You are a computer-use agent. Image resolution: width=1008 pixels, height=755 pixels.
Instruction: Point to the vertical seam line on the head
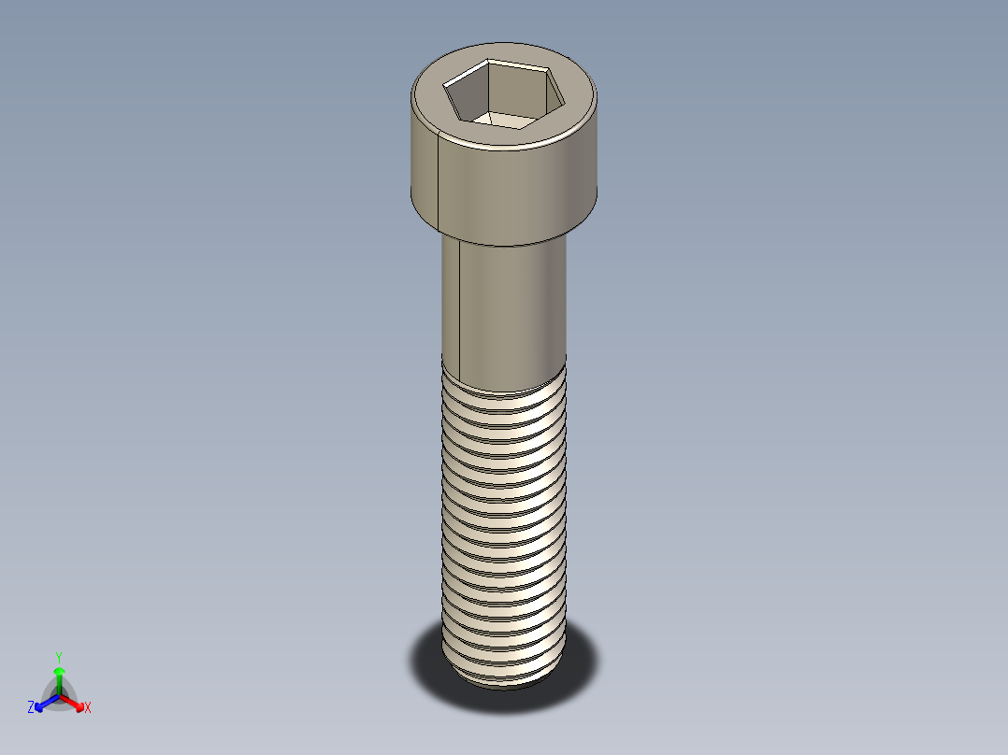pyautogui.click(x=439, y=182)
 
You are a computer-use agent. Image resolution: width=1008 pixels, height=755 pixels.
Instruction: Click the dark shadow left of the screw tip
pyautogui.click(x=425, y=659)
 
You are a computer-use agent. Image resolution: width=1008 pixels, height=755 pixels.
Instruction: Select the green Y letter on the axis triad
pyautogui.click(x=58, y=656)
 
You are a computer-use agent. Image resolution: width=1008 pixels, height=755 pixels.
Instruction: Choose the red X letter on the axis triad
pyautogui.click(x=88, y=708)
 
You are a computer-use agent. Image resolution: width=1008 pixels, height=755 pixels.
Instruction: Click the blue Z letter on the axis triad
pyautogui.click(x=31, y=708)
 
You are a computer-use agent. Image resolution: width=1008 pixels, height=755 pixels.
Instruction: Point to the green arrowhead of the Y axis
pyautogui.click(x=59, y=671)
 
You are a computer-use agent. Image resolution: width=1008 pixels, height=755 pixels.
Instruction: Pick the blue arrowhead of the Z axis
pyautogui.click(x=40, y=704)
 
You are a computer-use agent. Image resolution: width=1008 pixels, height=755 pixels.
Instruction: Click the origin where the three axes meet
pyautogui.click(x=59, y=695)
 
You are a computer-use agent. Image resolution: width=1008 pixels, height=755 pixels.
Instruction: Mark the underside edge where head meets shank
pyautogui.click(x=505, y=243)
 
